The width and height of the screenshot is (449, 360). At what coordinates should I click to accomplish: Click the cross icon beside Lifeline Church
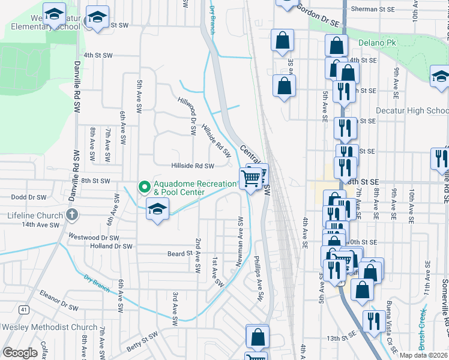[71, 215]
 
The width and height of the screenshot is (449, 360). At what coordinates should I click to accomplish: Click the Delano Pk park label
[378, 43]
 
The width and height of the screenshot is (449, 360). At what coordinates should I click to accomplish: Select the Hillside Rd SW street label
[193, 166]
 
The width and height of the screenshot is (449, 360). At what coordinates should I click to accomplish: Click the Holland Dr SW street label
[110, 246]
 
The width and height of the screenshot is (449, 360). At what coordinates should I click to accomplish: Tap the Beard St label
[179, 254]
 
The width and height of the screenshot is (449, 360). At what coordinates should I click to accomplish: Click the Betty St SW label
[141, 347]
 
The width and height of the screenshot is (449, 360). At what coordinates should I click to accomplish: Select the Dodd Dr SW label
[29, 197]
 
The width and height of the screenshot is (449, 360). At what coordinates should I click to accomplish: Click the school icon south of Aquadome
[157, 210]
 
